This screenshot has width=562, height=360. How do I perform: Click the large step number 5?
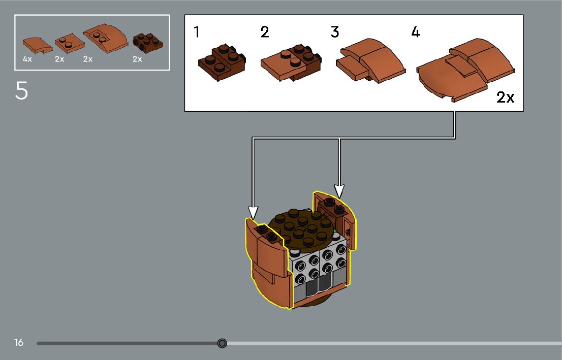21,91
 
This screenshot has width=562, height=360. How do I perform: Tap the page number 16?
19,343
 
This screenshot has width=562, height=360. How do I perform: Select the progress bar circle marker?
222,343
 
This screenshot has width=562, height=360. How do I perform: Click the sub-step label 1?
197,32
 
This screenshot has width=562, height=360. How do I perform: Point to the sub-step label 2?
264,32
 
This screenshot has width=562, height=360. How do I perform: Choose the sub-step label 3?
334,32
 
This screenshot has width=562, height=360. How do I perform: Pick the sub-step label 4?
416,32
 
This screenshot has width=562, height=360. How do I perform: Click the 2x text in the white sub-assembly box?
505,97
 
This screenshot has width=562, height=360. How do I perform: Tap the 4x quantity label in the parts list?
27,59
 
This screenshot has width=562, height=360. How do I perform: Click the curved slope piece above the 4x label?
37,45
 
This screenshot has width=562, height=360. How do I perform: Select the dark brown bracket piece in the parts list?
148,42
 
